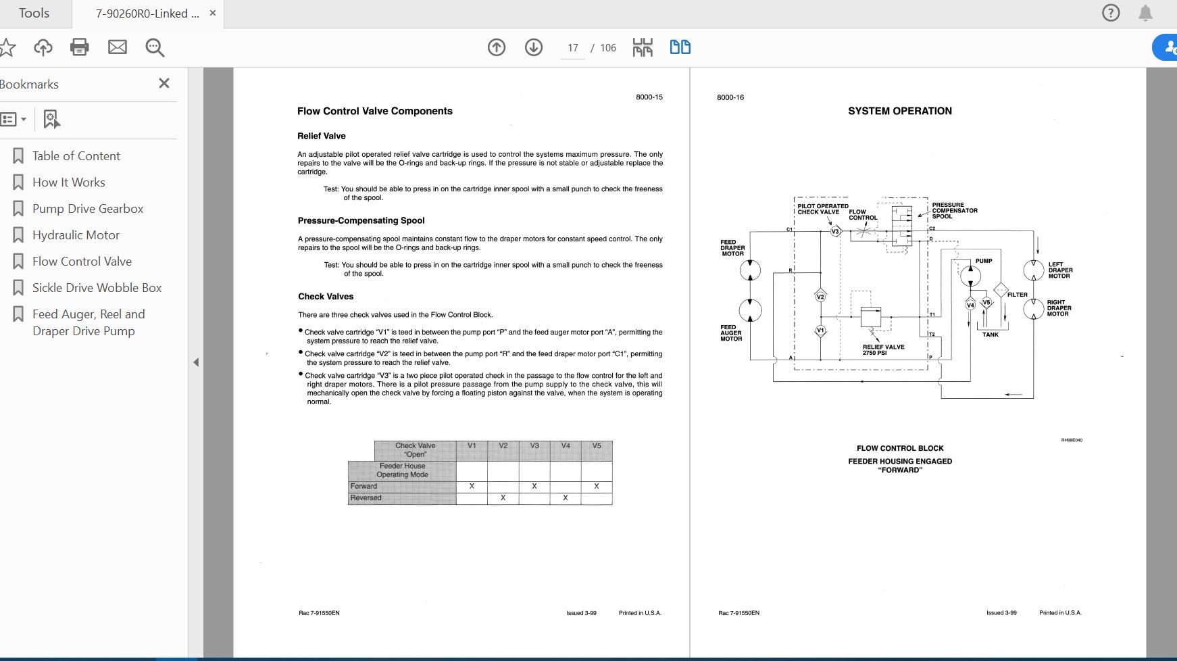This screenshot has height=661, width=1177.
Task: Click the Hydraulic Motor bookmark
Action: tap(76, 235)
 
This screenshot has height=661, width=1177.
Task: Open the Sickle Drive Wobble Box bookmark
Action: tap(97, 288)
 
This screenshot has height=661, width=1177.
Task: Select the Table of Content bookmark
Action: tap(76, 156)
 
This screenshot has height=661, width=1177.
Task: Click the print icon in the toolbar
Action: tap(80, 47)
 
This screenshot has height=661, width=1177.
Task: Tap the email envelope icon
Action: tap(118, 47)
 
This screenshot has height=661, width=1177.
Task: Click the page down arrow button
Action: tap(534, 47)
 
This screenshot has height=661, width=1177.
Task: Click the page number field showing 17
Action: tap(573, 48)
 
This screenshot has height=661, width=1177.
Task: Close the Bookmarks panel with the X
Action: tap(164, 83)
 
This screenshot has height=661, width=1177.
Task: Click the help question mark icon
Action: tap(1111, 13)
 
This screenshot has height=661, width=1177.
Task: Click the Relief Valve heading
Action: tap(322, 136)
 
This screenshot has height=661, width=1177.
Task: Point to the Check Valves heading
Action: tap(326, 297)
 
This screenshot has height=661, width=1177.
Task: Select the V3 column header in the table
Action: tap(534, 446)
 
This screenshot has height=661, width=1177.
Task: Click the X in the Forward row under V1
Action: tap(472, 487)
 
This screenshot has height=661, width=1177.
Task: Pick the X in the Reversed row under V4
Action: tap(566, 498)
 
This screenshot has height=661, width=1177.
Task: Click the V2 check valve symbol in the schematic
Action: tap(820, 297)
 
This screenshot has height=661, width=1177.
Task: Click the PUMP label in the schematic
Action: tap(984, 261)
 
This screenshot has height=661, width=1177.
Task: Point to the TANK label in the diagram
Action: tap(991, 335)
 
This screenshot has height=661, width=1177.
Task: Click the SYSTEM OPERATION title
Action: tap(900, 111)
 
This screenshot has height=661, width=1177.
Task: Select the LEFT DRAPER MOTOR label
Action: tap(1060, 270)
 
